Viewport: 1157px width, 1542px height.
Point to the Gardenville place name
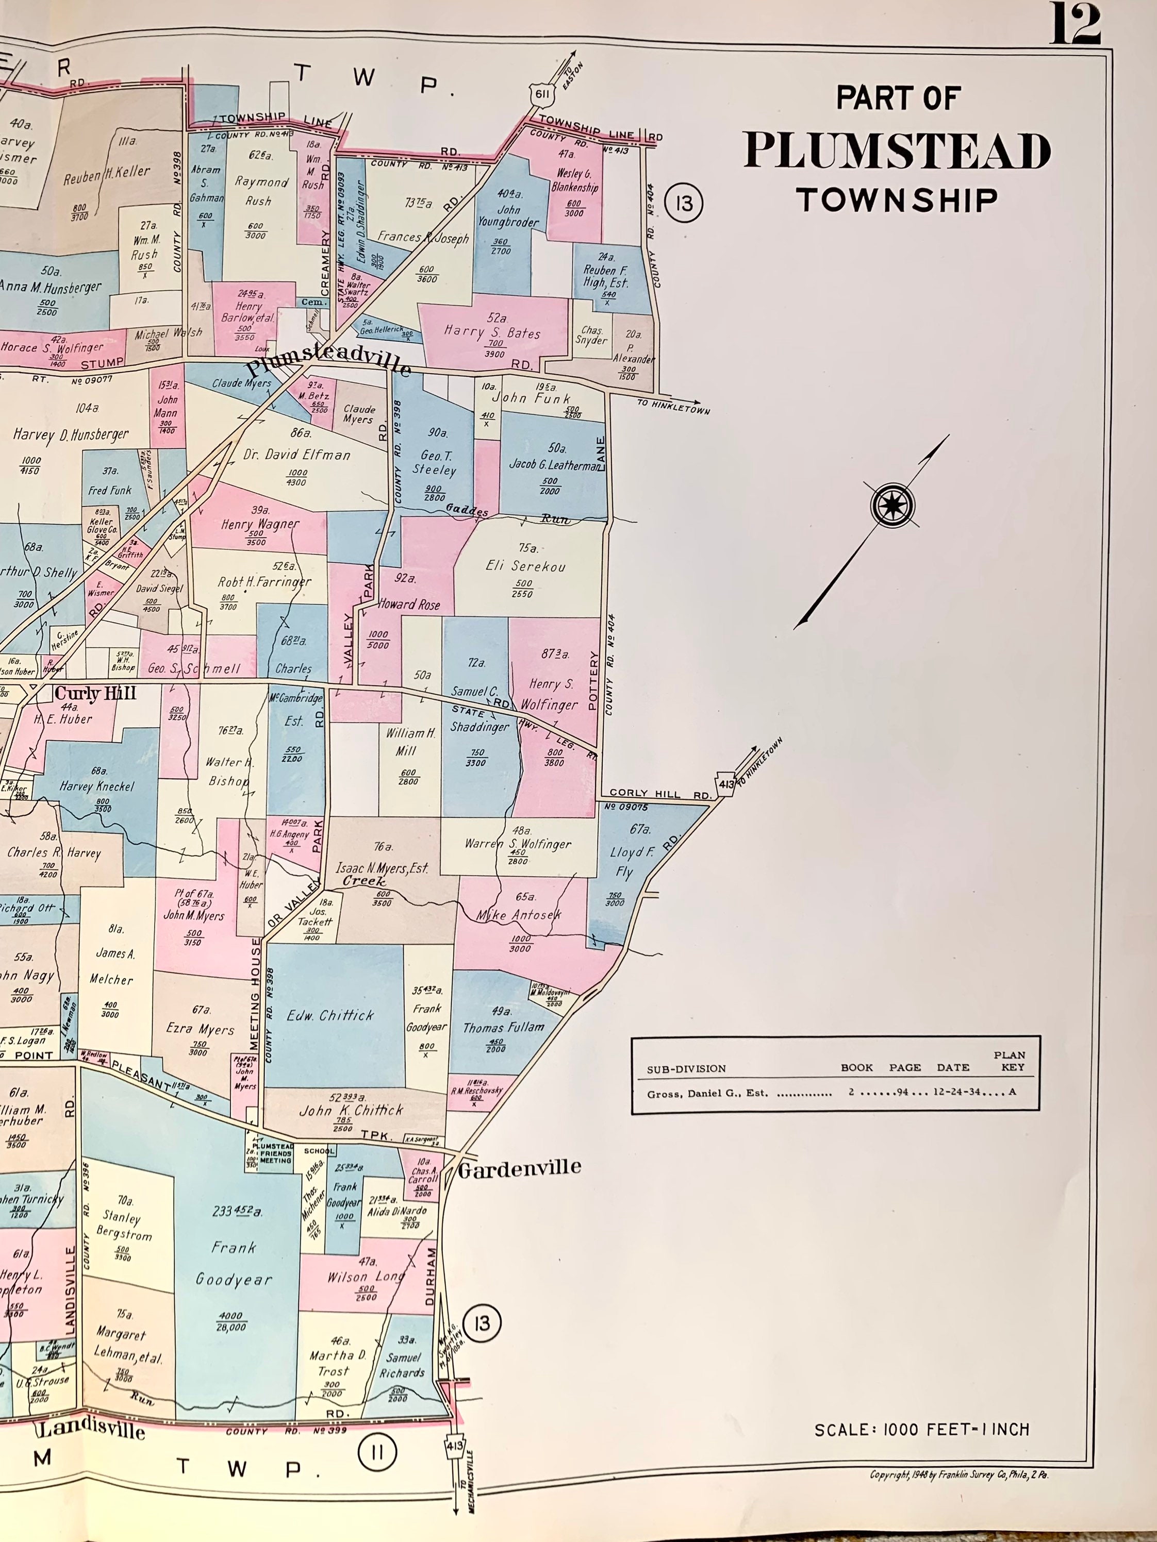pos(520,1168)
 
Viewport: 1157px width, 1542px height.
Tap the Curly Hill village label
pos(95,693)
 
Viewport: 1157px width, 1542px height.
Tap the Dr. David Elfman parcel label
pos(297,455)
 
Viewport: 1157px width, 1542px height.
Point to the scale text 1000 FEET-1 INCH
pos(921,1430)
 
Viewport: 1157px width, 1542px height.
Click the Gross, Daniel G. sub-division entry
pos(707,1093)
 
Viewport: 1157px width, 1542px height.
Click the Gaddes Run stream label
pos(467,510)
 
